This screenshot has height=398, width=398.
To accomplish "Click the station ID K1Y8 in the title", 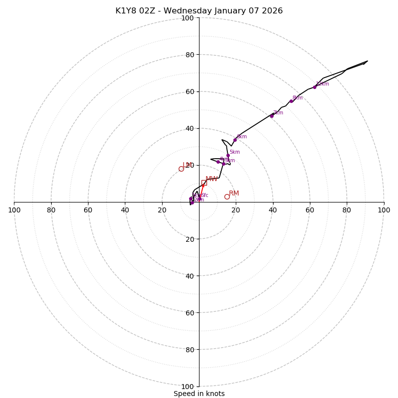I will point(126,11).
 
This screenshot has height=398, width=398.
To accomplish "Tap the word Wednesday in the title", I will point(184,11).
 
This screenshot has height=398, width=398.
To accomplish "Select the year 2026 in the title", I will point(272,11).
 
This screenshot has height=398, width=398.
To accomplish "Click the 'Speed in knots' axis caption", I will point(199,394).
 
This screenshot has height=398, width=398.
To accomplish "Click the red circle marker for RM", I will point(227,197).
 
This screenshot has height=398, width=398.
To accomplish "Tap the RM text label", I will point(234,193).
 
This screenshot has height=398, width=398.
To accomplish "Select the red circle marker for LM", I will point(181,169).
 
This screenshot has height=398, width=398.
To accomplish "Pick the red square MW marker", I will point(204,183).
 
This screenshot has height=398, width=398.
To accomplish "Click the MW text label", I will point(211,179).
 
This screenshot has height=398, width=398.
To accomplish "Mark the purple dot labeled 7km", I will point(272,116).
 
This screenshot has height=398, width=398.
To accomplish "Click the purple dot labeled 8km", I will point(291,101).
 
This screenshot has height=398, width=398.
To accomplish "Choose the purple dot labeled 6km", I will point(235,140).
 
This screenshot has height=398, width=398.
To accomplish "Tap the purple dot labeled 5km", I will point(228,155).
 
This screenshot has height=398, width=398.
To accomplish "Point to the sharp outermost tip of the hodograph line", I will point(368,61).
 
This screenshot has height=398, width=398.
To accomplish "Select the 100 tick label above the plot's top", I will point(188,18).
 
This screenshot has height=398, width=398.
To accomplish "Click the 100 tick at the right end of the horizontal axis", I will point(384,210).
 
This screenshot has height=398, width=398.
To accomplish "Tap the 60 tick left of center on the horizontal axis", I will point(88,210).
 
